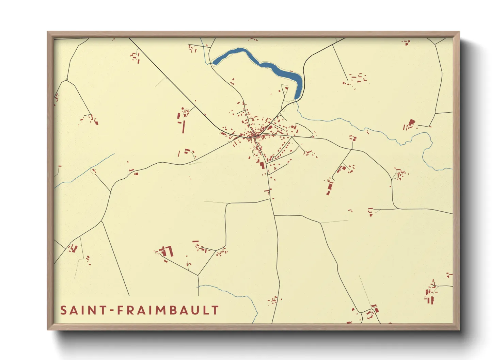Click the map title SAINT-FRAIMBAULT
click(x=139, y=310)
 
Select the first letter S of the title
click(x=63, y=310)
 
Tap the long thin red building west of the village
click(x=183, y=126)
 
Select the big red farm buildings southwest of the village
click(x=167, y=251)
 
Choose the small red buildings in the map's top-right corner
click(x=406, y=42)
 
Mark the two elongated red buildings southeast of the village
click(x=329, y=187)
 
